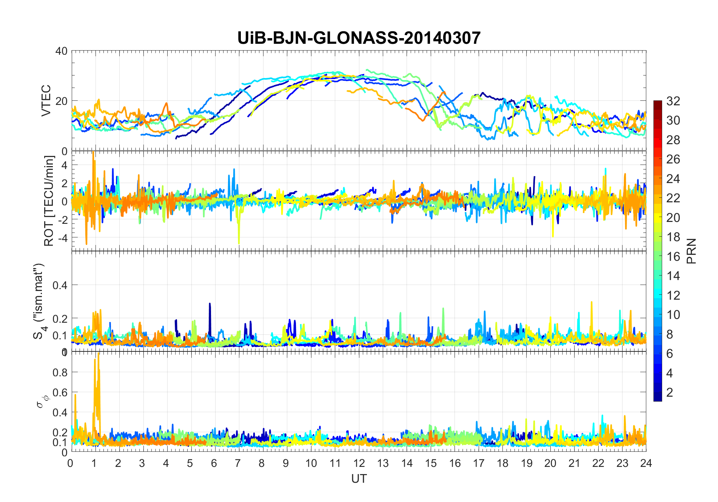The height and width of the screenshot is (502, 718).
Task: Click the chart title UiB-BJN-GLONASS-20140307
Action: [x=359, y=38]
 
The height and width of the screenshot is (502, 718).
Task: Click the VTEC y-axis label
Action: [x=46, y=100]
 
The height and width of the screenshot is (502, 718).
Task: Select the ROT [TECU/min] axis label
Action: [x=49, y=201]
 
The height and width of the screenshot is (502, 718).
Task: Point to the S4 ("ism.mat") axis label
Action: [x=39, y=301]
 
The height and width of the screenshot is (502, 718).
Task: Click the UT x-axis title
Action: [x=359, y=479]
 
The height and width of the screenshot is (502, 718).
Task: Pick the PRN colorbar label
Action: [x=692, y=251]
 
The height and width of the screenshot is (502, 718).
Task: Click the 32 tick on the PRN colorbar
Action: [x=673, y=101]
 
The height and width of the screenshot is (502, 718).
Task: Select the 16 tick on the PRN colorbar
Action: [x=673, y=256]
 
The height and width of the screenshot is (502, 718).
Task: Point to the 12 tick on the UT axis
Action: [x=359, y=463]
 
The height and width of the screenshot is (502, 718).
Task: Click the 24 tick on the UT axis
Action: [x=646, y=463]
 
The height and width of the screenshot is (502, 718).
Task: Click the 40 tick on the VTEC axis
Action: [x=62, y=51]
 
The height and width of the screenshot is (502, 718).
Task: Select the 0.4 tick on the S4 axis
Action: [x=60, y=285]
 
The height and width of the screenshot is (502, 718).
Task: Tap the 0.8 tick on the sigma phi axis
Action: [x=60, y=373]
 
